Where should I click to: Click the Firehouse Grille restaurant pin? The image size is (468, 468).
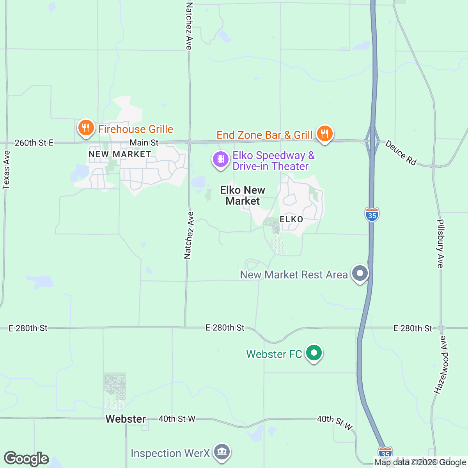(86, 128)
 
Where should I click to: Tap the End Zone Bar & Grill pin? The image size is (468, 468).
(324, 133)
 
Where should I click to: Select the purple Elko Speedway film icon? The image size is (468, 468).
(221, 159)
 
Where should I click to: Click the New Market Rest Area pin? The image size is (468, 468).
(360, 273)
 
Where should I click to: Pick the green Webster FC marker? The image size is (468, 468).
(314, 353)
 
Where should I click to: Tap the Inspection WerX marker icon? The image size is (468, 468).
(222, 452)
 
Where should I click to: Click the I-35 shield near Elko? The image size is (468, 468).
(372, 214)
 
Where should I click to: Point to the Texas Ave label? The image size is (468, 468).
(6, 170)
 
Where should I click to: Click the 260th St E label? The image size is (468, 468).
(34, 143)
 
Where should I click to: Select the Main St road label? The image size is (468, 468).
(144, 143)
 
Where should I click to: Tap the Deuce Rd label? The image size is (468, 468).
(401, 152)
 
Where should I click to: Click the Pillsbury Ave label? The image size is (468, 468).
(440, 244)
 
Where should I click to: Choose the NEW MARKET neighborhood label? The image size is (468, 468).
(120, 154)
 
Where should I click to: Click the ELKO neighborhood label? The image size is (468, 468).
(291, 219)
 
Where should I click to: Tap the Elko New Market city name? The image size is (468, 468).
(243, 195)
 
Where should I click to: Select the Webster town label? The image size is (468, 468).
(126, 419)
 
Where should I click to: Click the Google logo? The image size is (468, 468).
(26, 459)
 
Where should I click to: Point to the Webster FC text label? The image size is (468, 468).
(274, 354)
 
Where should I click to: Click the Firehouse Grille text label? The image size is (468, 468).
(136, 129)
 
